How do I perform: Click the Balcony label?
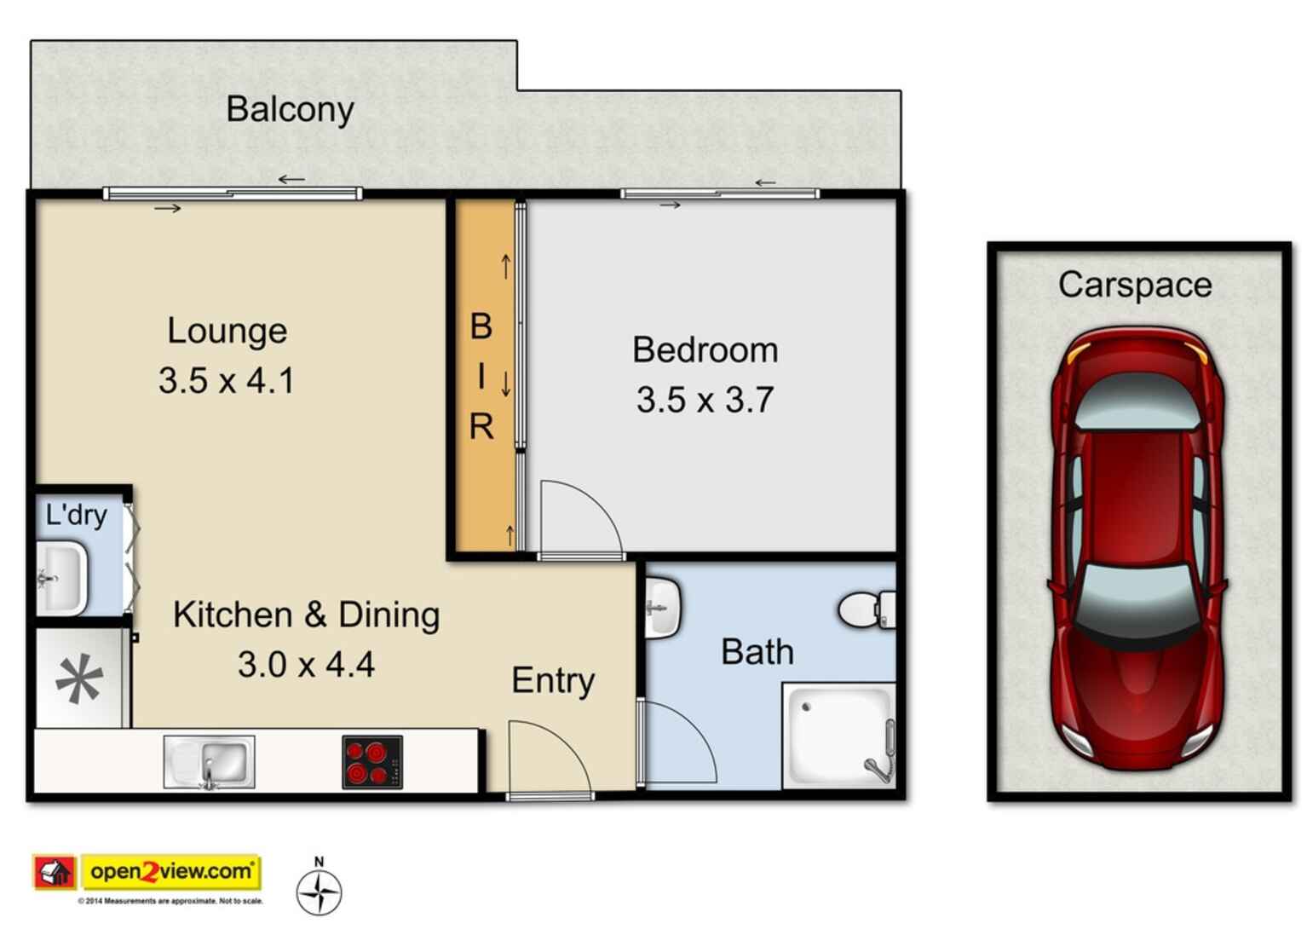[x=290, y=110]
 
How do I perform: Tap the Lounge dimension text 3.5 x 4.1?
[x=227, y=380]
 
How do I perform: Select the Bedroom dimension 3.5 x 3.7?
[x=705, y=400]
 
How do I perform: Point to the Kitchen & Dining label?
[x=306, y=615]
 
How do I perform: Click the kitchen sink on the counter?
[x=210, y=762]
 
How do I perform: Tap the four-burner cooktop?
[x=372, y=762]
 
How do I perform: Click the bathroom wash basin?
[x=661, y=608]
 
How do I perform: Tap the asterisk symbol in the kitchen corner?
[x=79, y=680]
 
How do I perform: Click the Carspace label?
[x=1135, y=285]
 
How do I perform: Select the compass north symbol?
[x=319, y=891]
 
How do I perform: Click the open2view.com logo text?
[x=171, y=871]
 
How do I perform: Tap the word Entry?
[x=553, y=680]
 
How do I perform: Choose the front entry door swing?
[x=549, y=758]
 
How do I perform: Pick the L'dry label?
[x=77, y=515]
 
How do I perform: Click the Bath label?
[x=757, y=652]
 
